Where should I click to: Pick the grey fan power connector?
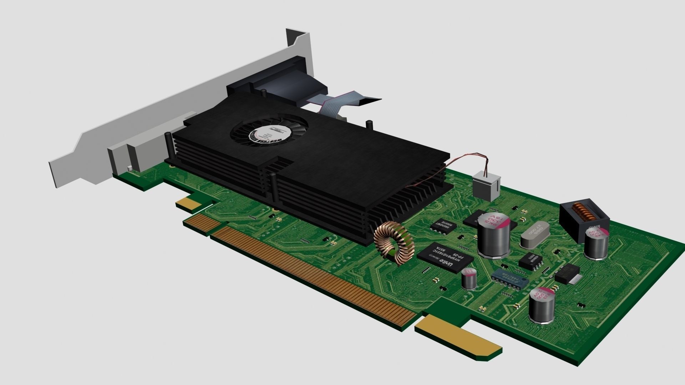click(x=485, y=187)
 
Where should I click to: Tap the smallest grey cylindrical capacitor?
click(x=469, y=279)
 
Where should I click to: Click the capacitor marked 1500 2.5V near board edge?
click(x=542, y=305)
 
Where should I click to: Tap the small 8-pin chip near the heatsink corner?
click(x=443, y=226)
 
